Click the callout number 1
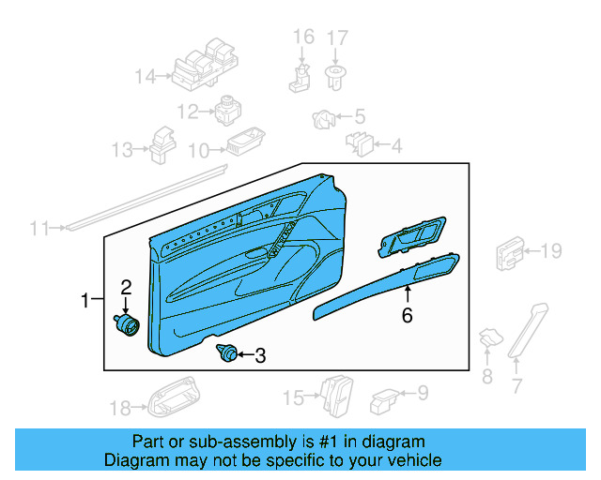(85, 301)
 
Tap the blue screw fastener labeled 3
(226, 354)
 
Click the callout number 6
(407, 316)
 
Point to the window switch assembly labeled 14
(206, 67)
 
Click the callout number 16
(303, 37)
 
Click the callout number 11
(39, 228)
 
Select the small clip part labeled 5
(323, 118)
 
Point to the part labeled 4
(360, 143)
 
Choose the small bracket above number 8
(488, 340)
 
